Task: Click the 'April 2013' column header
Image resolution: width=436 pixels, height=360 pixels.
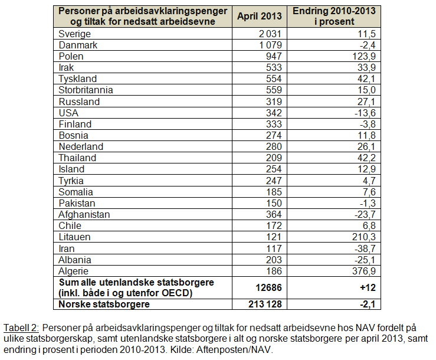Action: (260, 16)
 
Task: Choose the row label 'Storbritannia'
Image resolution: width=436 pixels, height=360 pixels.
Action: (86, 90)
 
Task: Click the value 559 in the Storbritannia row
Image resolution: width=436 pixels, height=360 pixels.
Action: (277, 90)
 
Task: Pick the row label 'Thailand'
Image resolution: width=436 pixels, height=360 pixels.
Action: (77, 158)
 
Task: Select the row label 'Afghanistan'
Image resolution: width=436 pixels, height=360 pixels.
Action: (84, 214)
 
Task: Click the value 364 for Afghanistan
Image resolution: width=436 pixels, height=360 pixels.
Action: (277, 214)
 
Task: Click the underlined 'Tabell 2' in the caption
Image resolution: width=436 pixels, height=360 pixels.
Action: (21, 327)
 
